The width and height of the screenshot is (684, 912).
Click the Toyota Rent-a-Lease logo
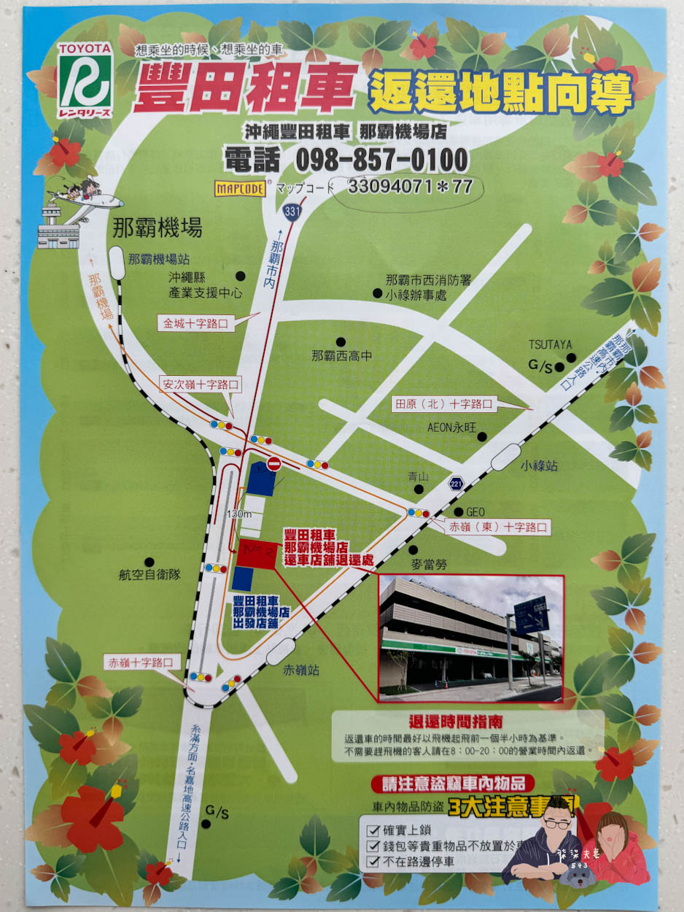pos(85,78)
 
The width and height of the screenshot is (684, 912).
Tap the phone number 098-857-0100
pos(346,160)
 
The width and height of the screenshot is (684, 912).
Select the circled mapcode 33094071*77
pos(410,187)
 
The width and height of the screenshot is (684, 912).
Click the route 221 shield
pos(456,482)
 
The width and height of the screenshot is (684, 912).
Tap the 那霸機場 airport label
pos(157,229)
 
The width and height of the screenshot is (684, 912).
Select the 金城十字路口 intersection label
pos(196,322)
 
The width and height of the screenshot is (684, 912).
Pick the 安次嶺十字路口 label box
pos(201,383)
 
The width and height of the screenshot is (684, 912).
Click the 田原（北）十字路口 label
pos(443,403)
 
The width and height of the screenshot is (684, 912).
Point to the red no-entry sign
pos(274,463)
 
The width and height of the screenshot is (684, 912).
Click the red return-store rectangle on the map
pos(256,552)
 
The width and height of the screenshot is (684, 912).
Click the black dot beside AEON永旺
pos(482,436)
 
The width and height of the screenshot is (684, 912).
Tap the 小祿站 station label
pos(539,465)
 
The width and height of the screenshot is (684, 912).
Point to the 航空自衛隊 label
pos(149,575)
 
